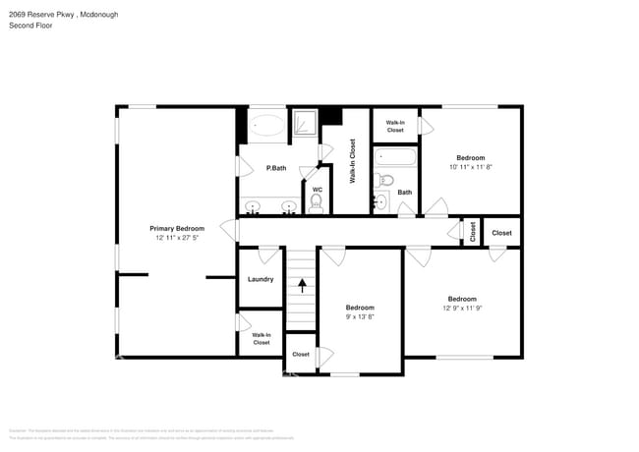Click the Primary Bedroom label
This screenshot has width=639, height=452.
coord(177,228)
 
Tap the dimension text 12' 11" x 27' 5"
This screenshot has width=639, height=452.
coord(177,239)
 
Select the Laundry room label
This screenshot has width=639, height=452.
coord(261,279)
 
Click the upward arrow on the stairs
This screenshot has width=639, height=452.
coord(302,286)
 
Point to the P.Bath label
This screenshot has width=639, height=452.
coord(276,168)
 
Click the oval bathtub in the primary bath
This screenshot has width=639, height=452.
coord(265,126)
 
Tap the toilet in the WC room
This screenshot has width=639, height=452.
coord(316,202)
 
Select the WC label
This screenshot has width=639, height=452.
coord(317,190)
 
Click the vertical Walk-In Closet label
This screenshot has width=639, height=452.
coord(353,161)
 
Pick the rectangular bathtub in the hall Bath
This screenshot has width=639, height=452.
coord(395,158)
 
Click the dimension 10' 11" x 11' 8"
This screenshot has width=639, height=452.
coord(471,168)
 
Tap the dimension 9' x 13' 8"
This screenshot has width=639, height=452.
coord(360,317)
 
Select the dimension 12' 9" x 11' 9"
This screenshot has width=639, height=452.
coord(462,309)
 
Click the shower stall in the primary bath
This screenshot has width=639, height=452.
coord(306,124)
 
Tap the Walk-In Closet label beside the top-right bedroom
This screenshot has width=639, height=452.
coord(394,126)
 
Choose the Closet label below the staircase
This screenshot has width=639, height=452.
coord(301,354)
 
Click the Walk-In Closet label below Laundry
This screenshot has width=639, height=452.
coord(261,339)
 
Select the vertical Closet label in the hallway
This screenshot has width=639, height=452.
coord(473,232)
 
